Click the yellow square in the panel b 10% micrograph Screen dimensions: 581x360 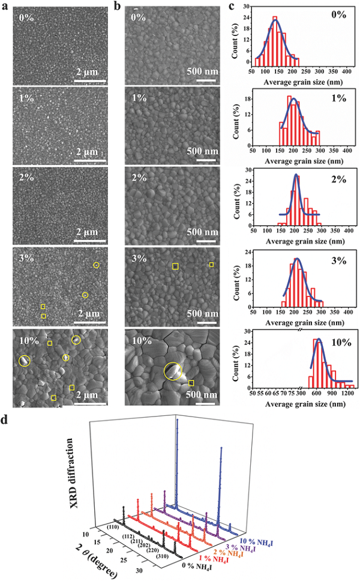click(191, 383)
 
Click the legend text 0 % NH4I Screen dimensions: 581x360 click(198, 564)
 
